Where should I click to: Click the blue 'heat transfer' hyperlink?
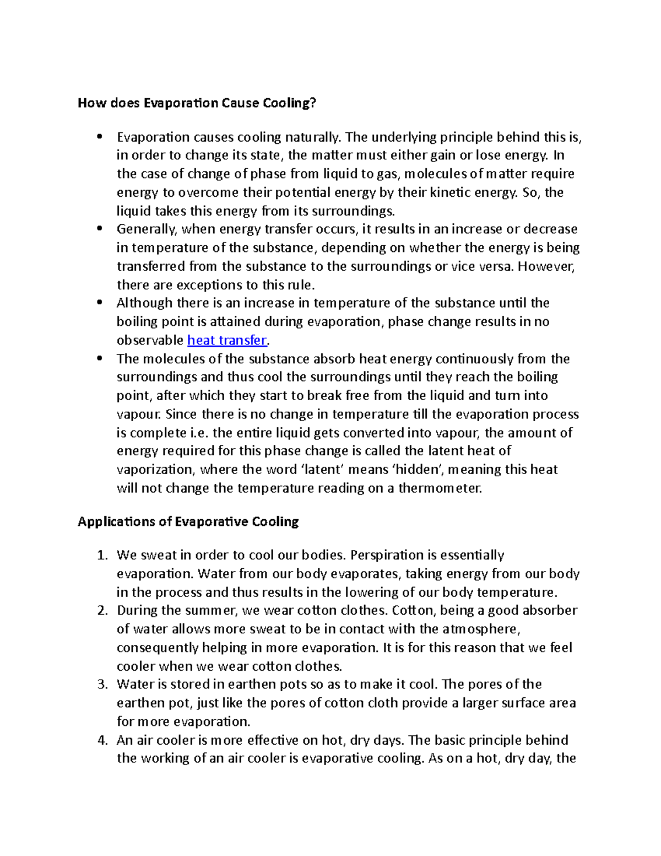(227, 341)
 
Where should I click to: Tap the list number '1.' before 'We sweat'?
(102, 556)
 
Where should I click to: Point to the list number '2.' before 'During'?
(102, 611)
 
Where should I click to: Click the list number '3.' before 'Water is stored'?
(102, 685)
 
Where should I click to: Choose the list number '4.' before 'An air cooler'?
(102, 740)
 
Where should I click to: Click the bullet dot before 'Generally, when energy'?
(99, 228)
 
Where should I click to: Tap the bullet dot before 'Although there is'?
(99, 302)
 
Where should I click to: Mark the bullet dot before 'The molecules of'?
(99, 358)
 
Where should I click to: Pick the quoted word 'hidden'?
(421, 470)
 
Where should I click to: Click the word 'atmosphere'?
(479, 629)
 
